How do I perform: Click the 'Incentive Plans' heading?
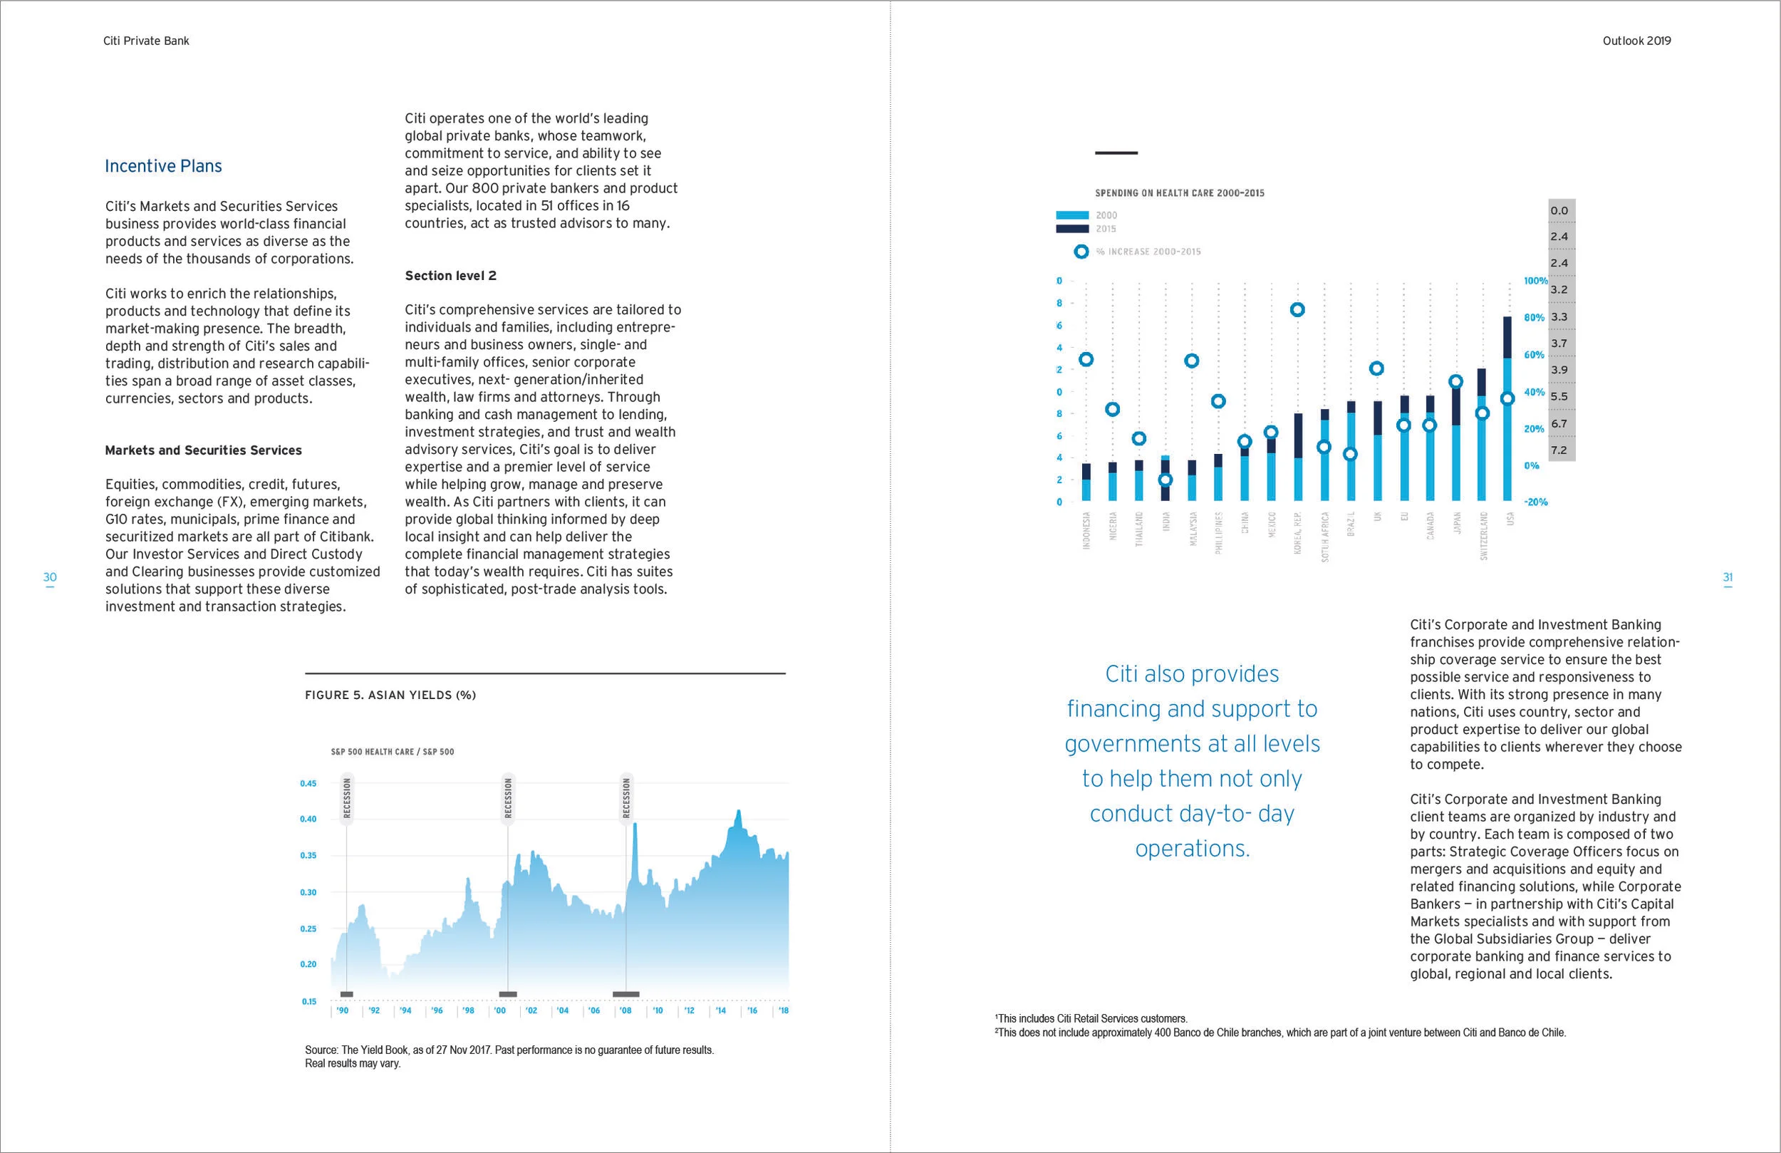163,165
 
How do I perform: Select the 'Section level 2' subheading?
450,276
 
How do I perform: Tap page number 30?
50,577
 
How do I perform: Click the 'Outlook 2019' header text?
1636,41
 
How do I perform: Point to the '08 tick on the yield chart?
625,1010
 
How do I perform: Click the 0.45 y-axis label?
308,783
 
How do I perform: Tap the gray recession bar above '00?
508,994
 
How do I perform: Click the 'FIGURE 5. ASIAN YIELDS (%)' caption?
390,695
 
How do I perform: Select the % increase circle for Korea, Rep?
1297,310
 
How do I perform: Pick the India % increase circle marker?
1165,480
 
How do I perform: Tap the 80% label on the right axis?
1534,317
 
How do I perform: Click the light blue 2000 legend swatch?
1071,215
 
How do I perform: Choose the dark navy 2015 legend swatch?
1071,228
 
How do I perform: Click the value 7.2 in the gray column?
1559,450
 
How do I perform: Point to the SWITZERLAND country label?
1483,535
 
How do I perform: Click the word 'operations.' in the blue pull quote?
1192,848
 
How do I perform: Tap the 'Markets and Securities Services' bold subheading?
204,450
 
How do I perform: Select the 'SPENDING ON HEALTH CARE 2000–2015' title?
1179,193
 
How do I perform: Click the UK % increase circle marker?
1376,368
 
